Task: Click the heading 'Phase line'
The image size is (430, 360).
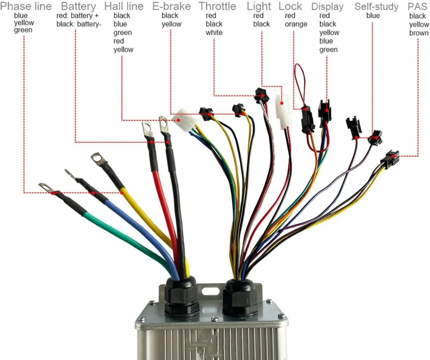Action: click(26, 6)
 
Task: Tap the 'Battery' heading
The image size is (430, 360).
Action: click(79, 6)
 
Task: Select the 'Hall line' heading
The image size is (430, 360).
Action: click(124, 6)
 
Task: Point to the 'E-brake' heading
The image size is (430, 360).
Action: click(171, 6)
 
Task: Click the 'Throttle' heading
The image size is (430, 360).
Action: click(218, 6)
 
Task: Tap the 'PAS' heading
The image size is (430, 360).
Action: click(417, 7)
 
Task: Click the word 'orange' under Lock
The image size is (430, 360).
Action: click(296, 24)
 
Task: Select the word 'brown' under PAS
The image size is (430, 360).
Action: click(419, 33)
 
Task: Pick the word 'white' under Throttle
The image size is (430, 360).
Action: click(214, 33)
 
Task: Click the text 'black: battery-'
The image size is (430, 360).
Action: click(79, 24)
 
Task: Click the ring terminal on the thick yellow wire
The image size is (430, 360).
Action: click(98, 159)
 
